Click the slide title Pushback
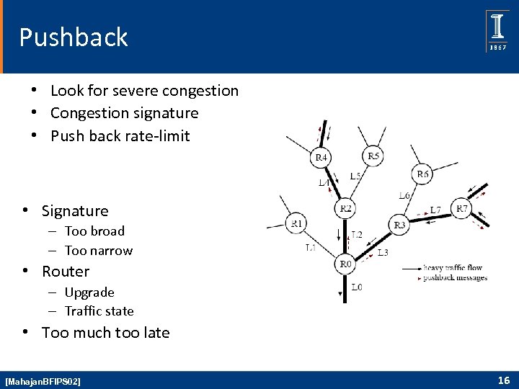(74, 37)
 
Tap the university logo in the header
(497, 31)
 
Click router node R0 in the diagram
(345, 264)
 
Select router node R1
(297, 223)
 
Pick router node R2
(345, 209)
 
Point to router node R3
(399, 225)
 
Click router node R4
(321, 157)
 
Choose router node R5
(373, 155)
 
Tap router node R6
(422, 174)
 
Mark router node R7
(461, 209)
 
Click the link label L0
(357, 287)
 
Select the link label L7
(435, 210)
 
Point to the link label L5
(355, 176)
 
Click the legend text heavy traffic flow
(454, 268)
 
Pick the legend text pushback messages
(455, 277)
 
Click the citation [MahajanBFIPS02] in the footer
(43, 380)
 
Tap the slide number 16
(503, 380)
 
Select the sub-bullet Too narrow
(99, 251)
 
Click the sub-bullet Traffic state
(99, 311)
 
